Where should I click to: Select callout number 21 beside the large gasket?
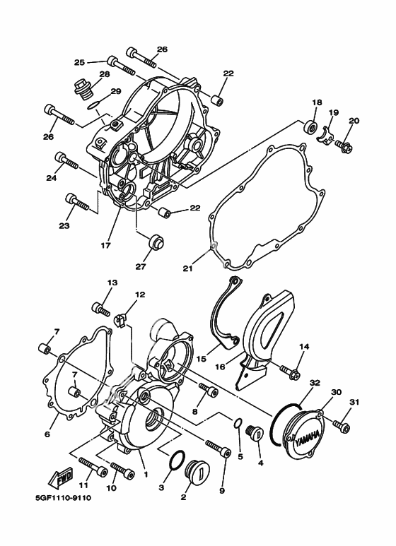187,268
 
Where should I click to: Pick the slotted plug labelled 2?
195,471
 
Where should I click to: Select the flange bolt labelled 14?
290,369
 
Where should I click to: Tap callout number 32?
315,383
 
